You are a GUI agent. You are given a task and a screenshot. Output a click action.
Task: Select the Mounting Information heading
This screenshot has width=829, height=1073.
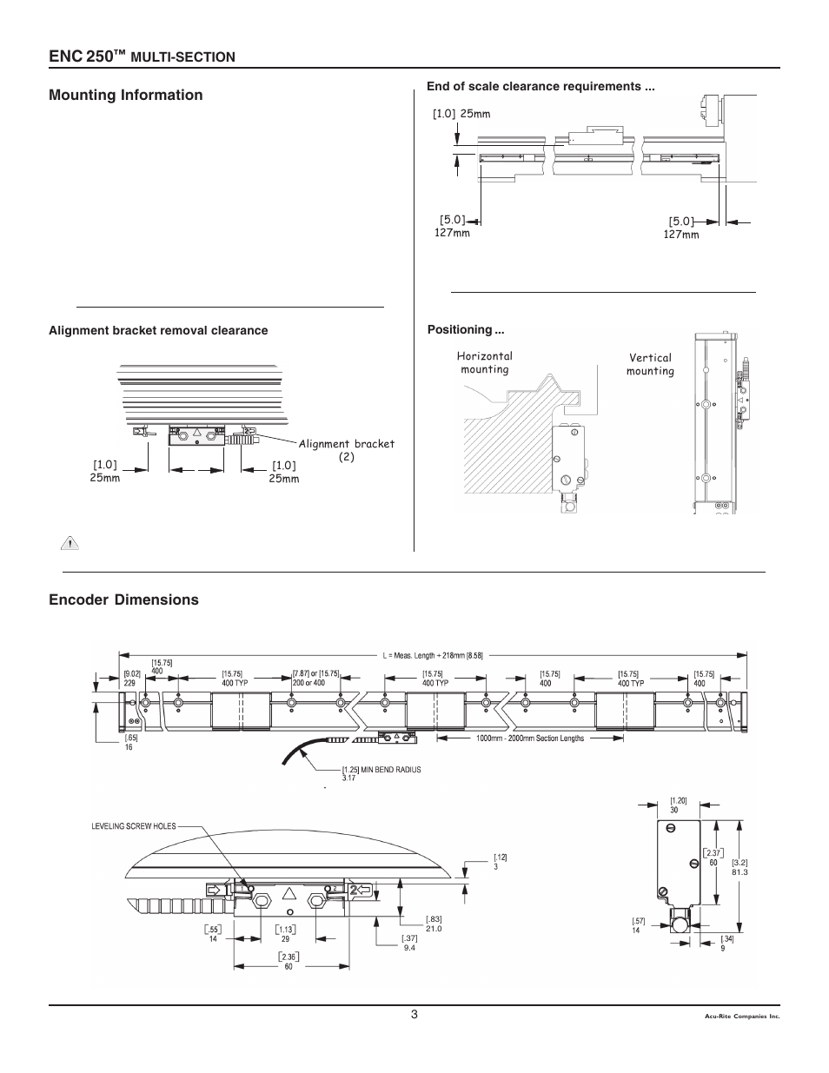126,96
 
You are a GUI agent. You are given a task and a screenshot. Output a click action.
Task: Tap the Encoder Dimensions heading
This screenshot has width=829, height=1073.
123,599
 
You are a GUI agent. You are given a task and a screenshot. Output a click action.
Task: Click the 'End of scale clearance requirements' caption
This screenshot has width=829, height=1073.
540,87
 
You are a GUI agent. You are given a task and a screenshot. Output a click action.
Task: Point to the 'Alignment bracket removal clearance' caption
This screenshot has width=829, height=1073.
158,331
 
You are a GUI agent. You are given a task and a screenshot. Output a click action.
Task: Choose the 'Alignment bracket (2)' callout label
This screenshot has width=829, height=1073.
347,450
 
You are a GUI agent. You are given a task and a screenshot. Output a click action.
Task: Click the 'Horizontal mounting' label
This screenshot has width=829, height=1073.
485,362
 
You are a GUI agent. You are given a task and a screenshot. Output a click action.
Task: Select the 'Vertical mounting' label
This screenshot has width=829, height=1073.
650,364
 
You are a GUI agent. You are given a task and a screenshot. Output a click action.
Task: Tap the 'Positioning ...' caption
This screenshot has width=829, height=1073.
466,330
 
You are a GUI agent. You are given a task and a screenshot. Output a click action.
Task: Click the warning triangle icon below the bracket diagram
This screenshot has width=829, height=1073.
68,545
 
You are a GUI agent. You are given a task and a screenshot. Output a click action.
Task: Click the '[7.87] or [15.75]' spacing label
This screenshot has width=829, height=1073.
315,678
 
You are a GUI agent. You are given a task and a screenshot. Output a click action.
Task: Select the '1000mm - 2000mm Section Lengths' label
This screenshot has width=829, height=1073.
530,739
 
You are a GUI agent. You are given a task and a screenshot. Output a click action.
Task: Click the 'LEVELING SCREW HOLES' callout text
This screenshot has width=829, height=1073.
134,826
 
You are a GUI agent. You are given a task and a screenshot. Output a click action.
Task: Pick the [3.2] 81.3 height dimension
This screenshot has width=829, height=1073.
739,867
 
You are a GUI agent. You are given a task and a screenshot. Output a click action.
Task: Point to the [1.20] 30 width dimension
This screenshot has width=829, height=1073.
679,805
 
